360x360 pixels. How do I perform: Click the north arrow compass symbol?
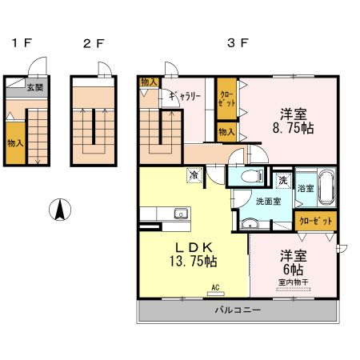(60, 210)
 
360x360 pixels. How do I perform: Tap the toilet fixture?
(252, 176)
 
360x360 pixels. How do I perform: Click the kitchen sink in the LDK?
(181, 214)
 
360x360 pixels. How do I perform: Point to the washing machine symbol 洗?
(283, 181)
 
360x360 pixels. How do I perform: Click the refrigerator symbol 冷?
(194, 175)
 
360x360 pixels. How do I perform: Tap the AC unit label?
(215, 287)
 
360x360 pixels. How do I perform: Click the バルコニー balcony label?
(238, 310)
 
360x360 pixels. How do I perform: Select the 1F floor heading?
(22, 43)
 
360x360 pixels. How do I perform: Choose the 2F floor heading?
(94, 43)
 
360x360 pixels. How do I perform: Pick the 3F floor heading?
(238, 42)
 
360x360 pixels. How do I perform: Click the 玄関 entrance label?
(35, 87)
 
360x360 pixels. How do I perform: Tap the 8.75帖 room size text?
(293, 128)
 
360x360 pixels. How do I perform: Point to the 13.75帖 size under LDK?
(193, 262)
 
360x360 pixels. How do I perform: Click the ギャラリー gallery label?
(185, 96)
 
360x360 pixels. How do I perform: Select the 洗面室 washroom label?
(269, 201)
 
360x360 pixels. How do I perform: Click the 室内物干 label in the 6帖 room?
(293, 282)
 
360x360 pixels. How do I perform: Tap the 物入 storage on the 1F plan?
(15, 143)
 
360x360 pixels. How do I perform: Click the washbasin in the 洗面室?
(250, 224)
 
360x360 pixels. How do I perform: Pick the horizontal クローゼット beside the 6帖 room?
(316, 221)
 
